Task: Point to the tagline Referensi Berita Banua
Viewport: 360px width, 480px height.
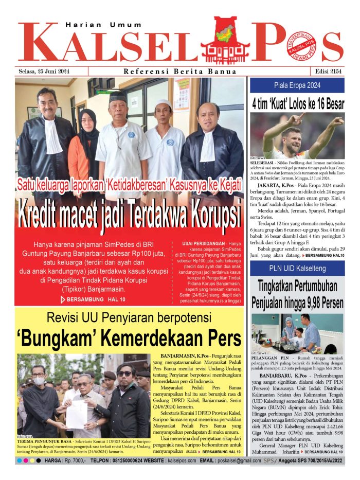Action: pos(180,72)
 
